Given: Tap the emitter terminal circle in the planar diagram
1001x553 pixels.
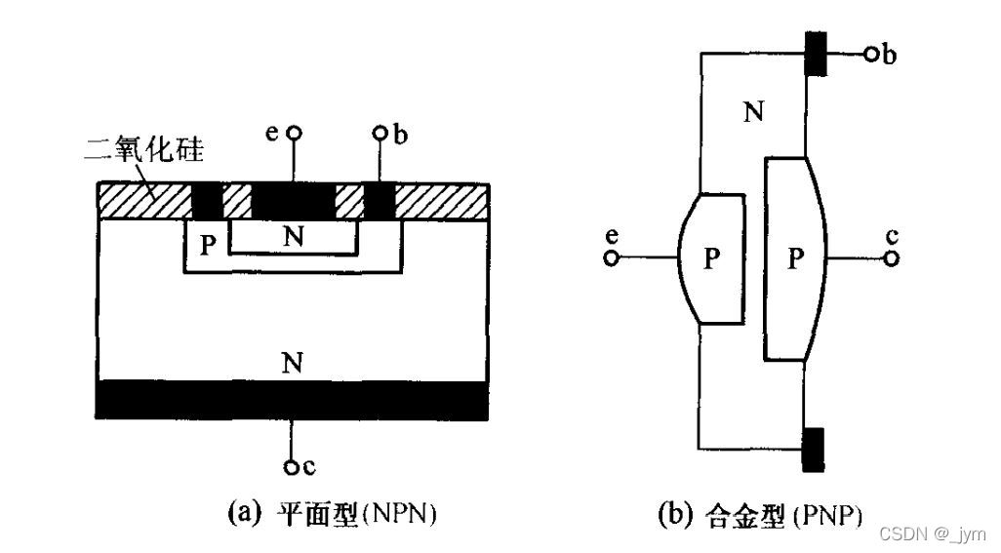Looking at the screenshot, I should click(292, 133).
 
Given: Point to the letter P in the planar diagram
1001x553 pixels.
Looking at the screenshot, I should click(207, 243).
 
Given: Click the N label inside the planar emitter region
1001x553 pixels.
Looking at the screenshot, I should click(291, 235).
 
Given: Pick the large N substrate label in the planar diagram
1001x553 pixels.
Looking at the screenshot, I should click(291, 364).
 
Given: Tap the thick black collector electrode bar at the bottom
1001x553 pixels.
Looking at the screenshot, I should click(291, 401).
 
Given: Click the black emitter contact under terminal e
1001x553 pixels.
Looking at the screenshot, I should click(293, 201).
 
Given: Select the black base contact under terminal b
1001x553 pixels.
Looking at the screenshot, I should click(379, 201).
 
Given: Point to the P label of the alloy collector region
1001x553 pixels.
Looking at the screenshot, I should click(796, 258).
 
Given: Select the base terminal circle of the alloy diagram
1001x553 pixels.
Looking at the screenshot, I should click(870, 55).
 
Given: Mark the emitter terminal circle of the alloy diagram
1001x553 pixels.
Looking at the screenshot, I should click(612, 258).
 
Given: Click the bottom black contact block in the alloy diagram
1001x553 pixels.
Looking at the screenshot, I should click(811, 450).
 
